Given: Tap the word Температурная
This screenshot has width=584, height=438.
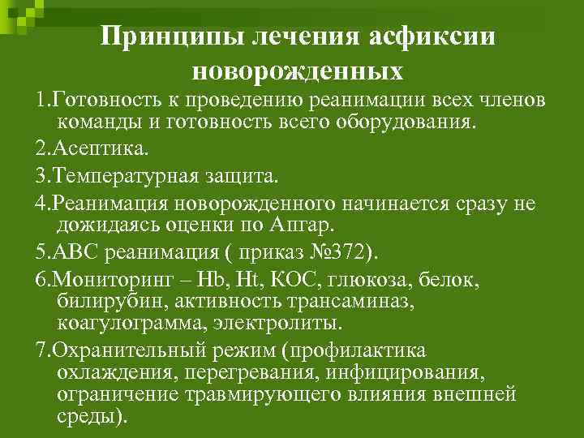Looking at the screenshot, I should pyautogui.click(x=130, y=174).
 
